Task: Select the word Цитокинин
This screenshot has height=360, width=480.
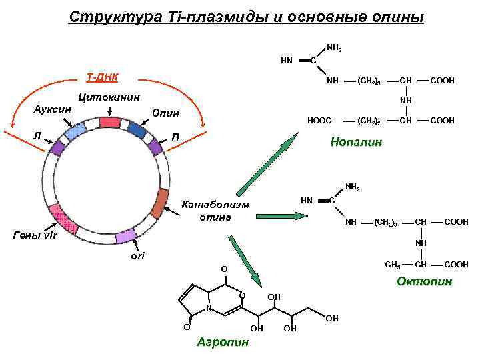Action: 109,97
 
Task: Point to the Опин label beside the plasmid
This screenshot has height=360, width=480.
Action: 165,113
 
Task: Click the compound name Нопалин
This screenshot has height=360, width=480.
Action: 356,142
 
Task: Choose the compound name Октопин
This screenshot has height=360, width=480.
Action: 424,281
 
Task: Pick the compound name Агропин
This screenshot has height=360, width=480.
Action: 223,342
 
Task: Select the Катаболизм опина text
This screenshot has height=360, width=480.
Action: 215,211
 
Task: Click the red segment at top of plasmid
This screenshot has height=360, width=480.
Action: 108,122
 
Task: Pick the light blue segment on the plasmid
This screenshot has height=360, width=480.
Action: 75,131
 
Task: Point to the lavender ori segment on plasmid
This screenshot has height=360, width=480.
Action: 126,235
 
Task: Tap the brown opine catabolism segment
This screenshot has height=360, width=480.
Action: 160,204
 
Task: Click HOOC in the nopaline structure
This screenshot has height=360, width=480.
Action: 319,121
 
